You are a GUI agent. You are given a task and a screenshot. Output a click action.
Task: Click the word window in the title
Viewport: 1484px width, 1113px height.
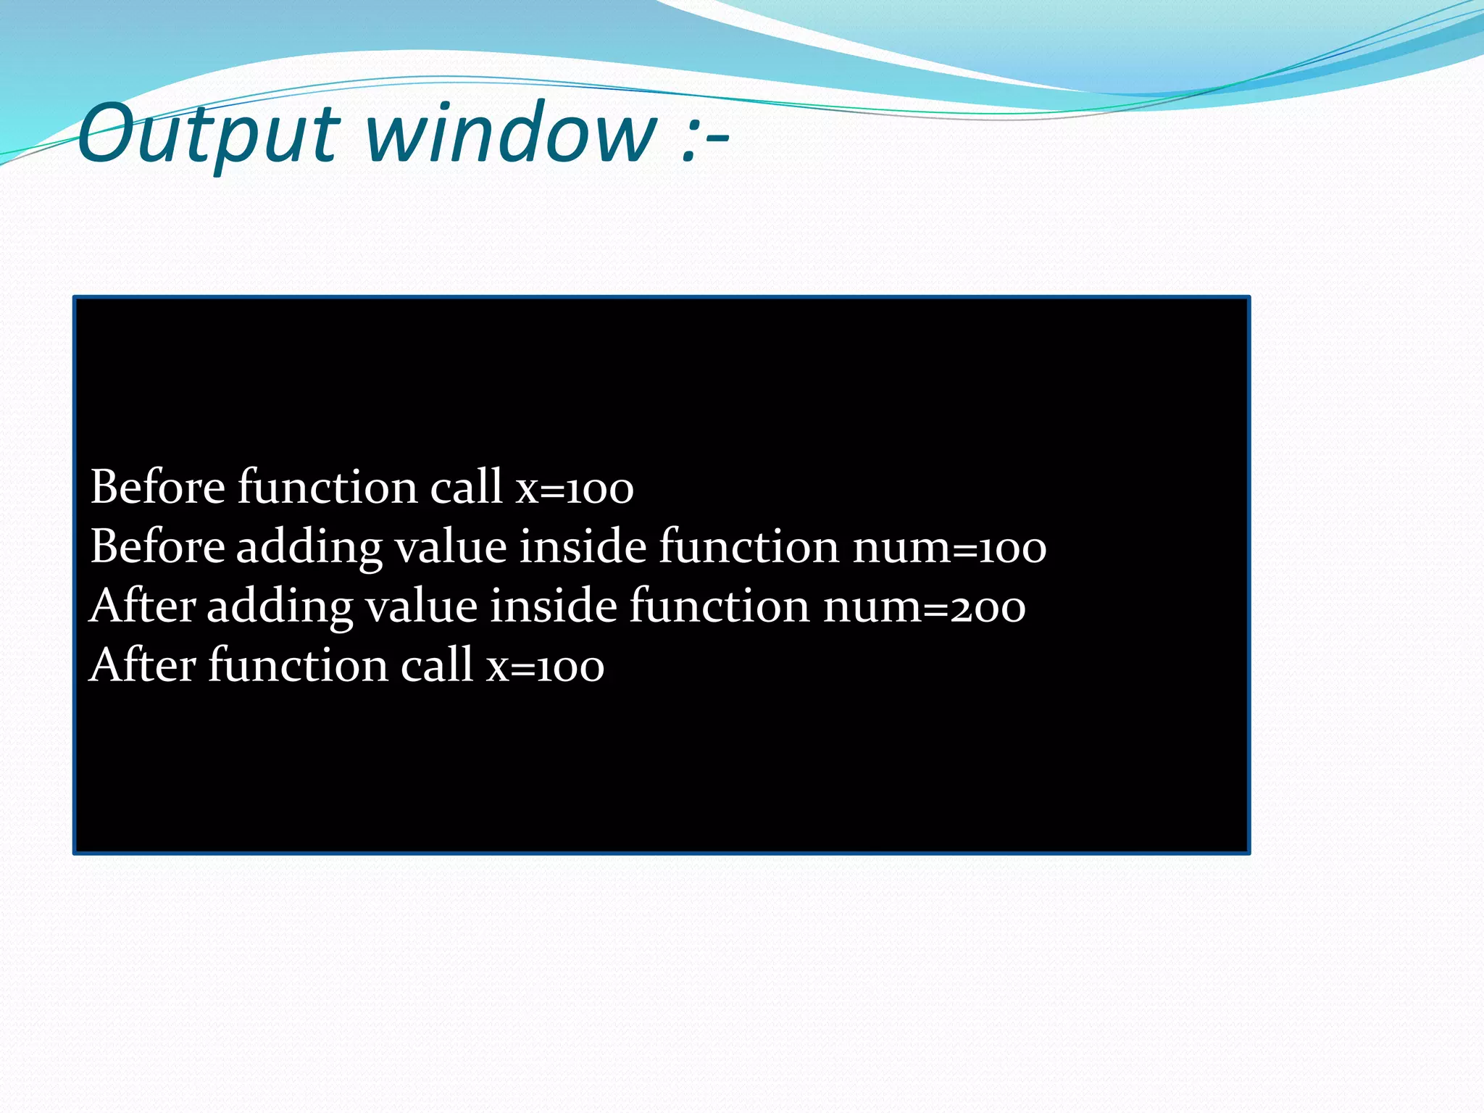510,133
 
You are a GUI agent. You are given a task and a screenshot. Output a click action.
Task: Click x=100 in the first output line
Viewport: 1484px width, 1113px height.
575,488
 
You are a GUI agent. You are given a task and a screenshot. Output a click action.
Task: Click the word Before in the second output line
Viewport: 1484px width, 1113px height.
157,546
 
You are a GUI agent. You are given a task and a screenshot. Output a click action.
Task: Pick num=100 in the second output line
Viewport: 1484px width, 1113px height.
949,548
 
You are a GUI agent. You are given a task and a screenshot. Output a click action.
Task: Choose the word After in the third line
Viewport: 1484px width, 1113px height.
143,606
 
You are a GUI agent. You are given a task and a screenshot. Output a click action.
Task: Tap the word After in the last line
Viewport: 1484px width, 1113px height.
143,665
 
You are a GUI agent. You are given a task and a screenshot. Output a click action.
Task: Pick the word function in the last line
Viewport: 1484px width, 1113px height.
298,665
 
